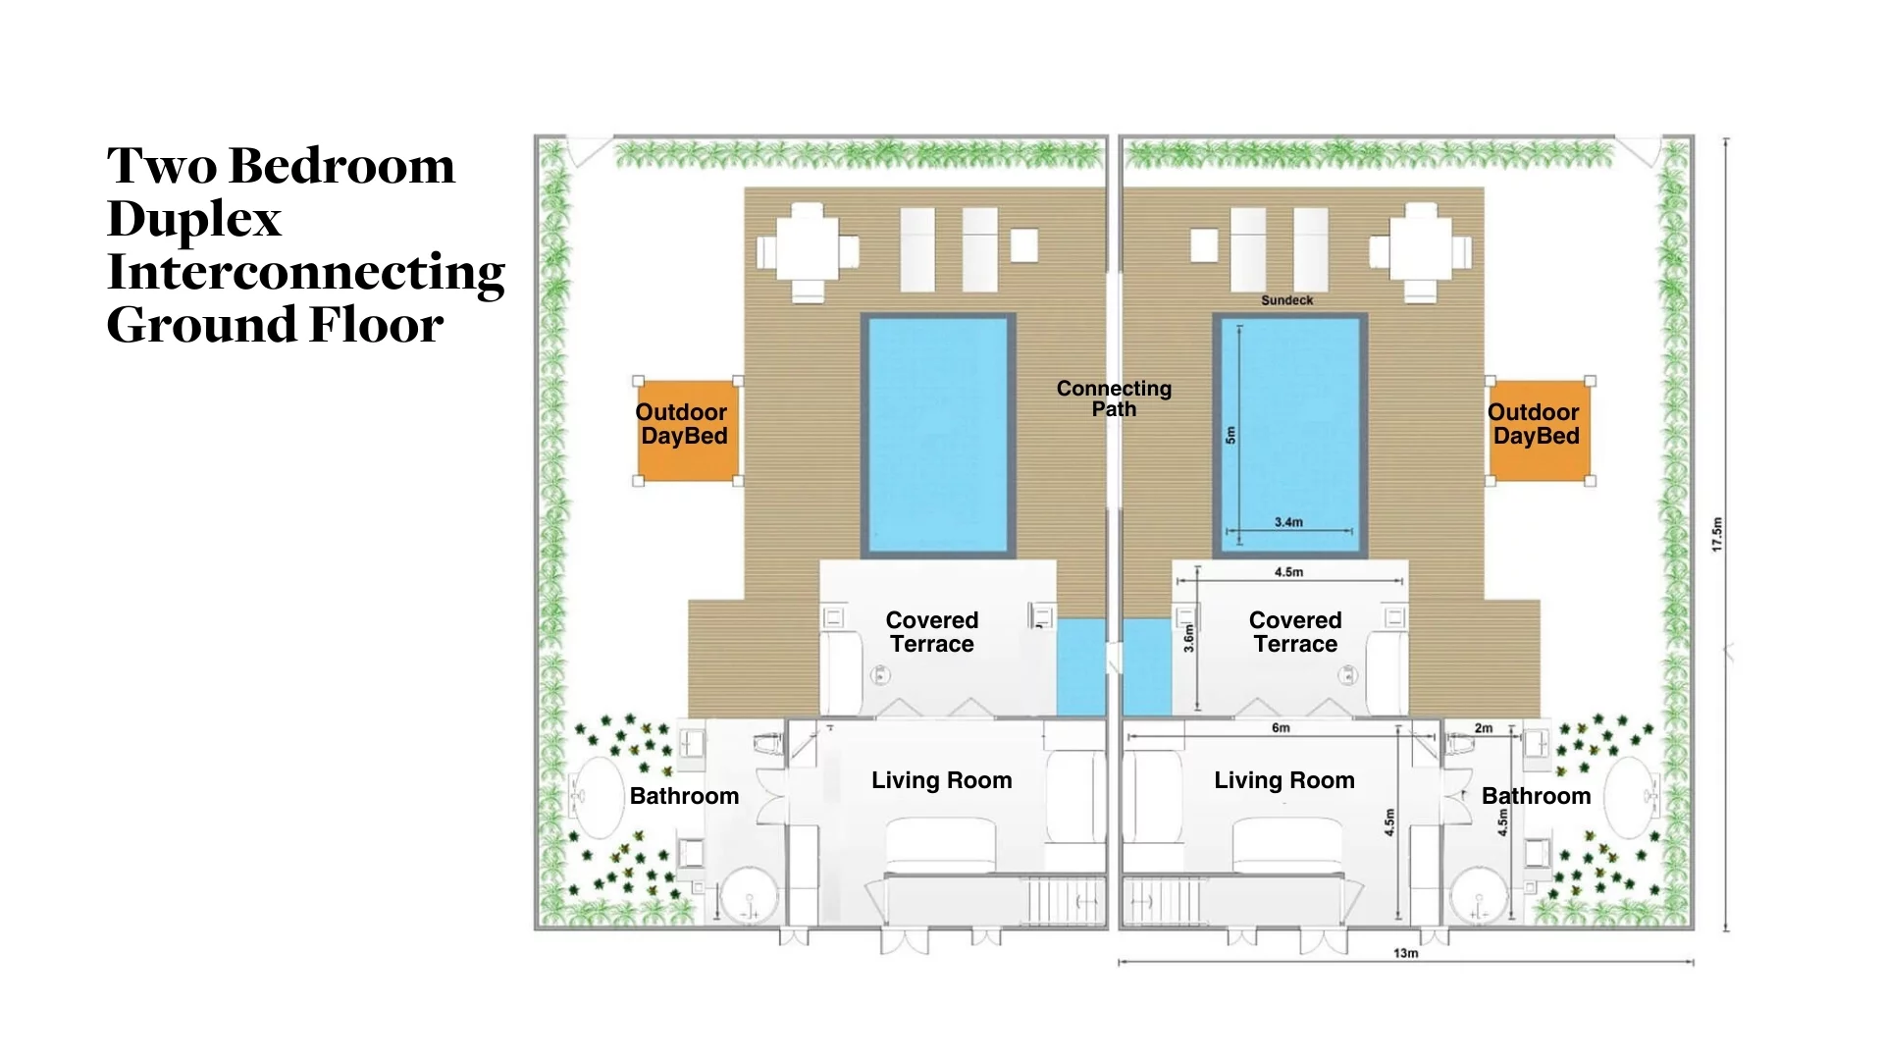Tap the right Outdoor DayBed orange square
point(1539,431)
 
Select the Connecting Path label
point(1114,398)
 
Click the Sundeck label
point(1286,300)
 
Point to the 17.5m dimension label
point(1717,534)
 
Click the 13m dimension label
point(1405,953)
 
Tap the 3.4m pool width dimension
point(1288,522)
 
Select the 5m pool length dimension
point(1230,434)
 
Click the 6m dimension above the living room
point(1281,728)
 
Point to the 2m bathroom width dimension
point(1484,728)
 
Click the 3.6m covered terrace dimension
point(1188,638)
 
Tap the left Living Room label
point(941,780)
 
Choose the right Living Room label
point(1283,780)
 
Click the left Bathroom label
point(684,796)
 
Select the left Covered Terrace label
point(932,632)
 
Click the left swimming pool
point(938,435)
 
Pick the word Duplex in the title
point(194,219)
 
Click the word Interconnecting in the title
point(306,272)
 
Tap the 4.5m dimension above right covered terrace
point(1288,572)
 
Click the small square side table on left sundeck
point(1024,245)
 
